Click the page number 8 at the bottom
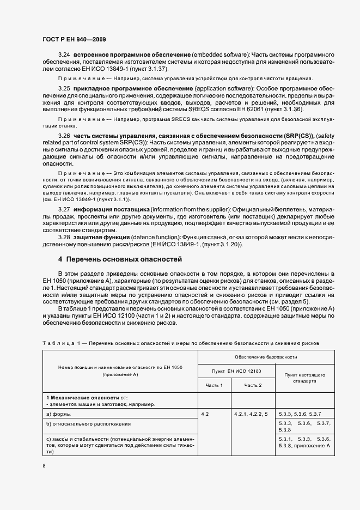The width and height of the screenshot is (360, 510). pyautogui.click(x=44, y=465)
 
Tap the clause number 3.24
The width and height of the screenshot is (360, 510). pyautogui.click(x=64, y=55)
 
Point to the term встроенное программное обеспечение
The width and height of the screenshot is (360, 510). pyautogui.click(x=131, y=55)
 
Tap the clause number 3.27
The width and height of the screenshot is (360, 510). pyautogui.click(x=64, y=209)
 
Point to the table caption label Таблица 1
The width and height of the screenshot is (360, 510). pyautogui.click(x=60, y=343)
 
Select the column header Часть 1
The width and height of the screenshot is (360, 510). pyautogui.click(x=214, y=385)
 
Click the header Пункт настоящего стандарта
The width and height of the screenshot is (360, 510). pyautogui.click(x=305, y=378)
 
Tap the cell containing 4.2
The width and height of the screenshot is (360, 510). pyautogui.click(x=205, y=414)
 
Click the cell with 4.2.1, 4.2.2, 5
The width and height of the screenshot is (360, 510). pyautogui.click(x=251, y=414)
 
